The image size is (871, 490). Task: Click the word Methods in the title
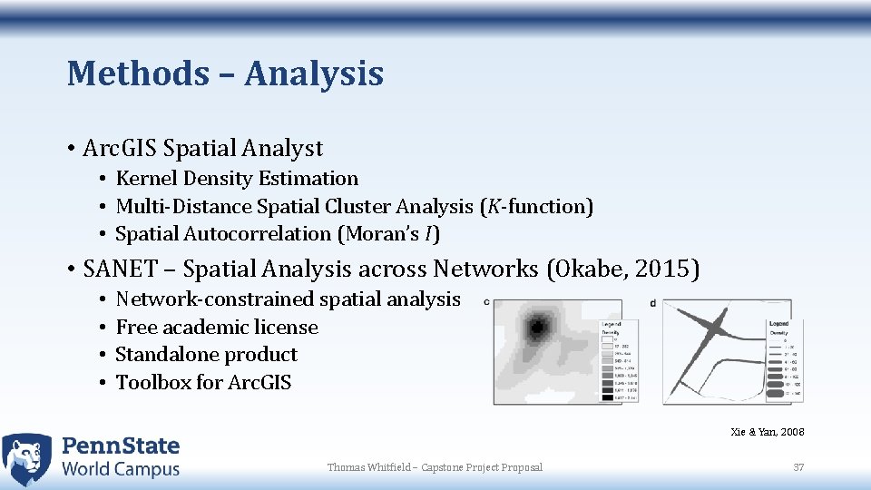(137, 73)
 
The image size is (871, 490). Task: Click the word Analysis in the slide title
(313, 73)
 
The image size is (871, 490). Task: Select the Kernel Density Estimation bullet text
(237, 179)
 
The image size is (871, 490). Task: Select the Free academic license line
(217, 328)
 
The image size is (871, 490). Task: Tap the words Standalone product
(206, 355)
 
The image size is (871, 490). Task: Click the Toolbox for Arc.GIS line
(203, 383)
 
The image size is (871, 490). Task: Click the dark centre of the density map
(539, 326)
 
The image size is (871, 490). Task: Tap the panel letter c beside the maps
(487, 303)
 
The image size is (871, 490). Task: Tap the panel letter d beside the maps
(653, 303)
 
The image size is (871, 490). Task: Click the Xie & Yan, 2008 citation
(767, 432)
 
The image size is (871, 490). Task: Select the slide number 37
(798, 467)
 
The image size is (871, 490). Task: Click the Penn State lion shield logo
(27, 458)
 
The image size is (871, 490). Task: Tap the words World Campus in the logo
(121, 469)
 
